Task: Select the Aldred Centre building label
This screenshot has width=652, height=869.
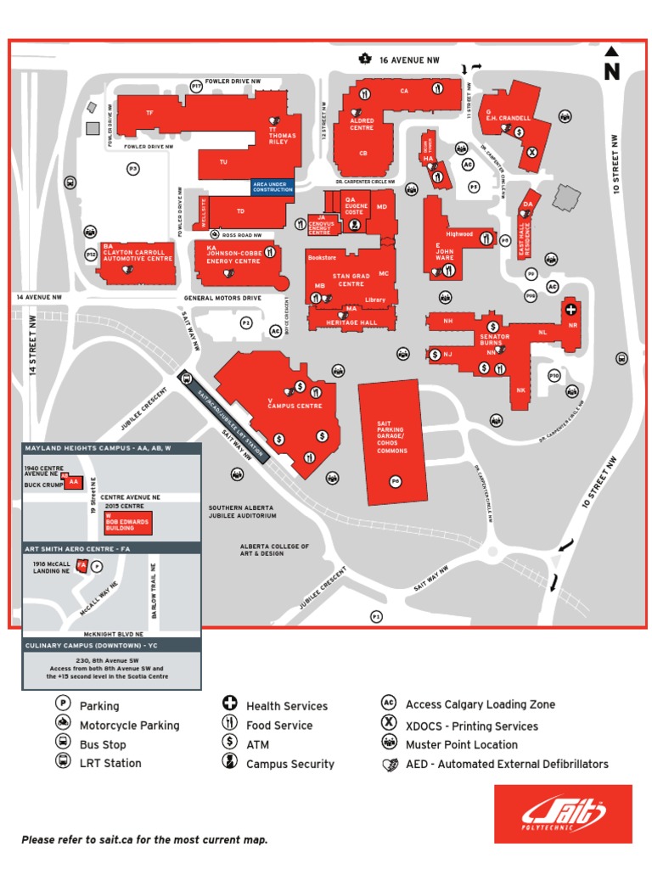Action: point(362,124)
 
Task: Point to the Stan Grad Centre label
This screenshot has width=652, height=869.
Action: point(351,279)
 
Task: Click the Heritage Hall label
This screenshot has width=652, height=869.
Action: point(350,322)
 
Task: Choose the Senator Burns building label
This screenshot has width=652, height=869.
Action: point(494,340)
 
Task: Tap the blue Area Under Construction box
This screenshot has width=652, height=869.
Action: point(273,187)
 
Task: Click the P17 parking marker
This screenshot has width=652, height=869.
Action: point(197,86)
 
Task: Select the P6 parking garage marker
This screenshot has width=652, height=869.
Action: point(395,481)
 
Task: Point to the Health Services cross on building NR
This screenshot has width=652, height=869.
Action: point(571,310)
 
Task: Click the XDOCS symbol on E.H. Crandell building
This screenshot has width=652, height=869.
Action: point(531,153)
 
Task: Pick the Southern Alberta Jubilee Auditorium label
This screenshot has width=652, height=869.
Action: point(243,512)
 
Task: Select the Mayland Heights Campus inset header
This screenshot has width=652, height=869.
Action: point(98,448)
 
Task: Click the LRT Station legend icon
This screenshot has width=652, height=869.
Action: point(63,761)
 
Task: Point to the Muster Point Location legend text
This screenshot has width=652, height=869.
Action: point(461,744)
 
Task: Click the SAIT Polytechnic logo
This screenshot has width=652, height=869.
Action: point(563,813)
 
